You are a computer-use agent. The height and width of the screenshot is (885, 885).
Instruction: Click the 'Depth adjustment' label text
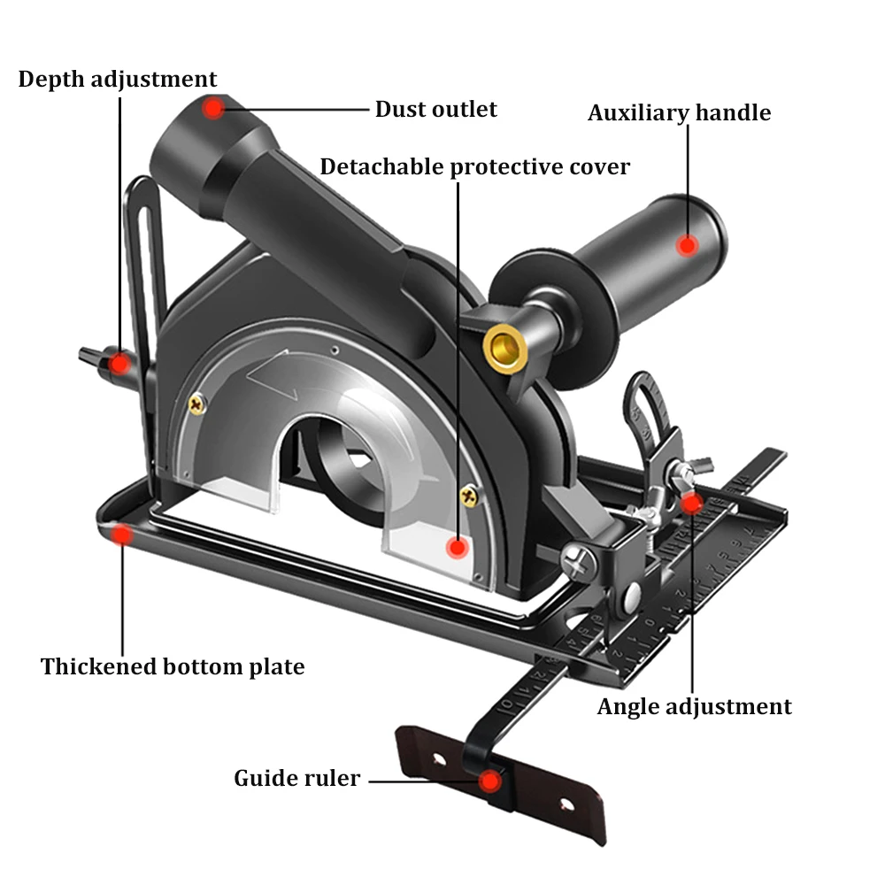coord(118,79)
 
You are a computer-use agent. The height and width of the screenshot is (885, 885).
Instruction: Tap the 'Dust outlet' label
coord(435,109)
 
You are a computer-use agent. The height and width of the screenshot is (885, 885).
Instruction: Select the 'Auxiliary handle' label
coord(679,112)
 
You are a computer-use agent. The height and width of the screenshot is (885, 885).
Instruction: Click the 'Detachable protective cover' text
coord(474,166)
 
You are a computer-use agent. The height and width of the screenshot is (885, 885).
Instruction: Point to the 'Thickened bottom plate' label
coord(173,666)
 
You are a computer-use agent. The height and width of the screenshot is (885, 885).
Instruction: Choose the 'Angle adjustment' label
coord(694,706)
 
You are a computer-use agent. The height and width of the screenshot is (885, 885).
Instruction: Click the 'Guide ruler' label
coord(296,778)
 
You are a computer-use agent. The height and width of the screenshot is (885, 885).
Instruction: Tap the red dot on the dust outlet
coord(212,109)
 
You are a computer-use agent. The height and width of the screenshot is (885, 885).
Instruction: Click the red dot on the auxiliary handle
coord(689,245)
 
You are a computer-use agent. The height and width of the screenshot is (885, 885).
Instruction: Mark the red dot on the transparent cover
coord(457,547)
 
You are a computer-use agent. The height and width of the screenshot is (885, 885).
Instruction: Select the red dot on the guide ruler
coord(488,781)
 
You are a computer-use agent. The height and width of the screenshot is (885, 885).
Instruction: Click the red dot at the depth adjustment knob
coord(118,361)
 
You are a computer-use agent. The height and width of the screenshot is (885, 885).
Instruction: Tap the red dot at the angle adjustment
coord(692,503)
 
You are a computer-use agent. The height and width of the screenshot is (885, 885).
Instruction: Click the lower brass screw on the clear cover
coord(468,498)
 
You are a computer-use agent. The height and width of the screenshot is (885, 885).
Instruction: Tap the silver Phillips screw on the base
coord(576,560)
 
